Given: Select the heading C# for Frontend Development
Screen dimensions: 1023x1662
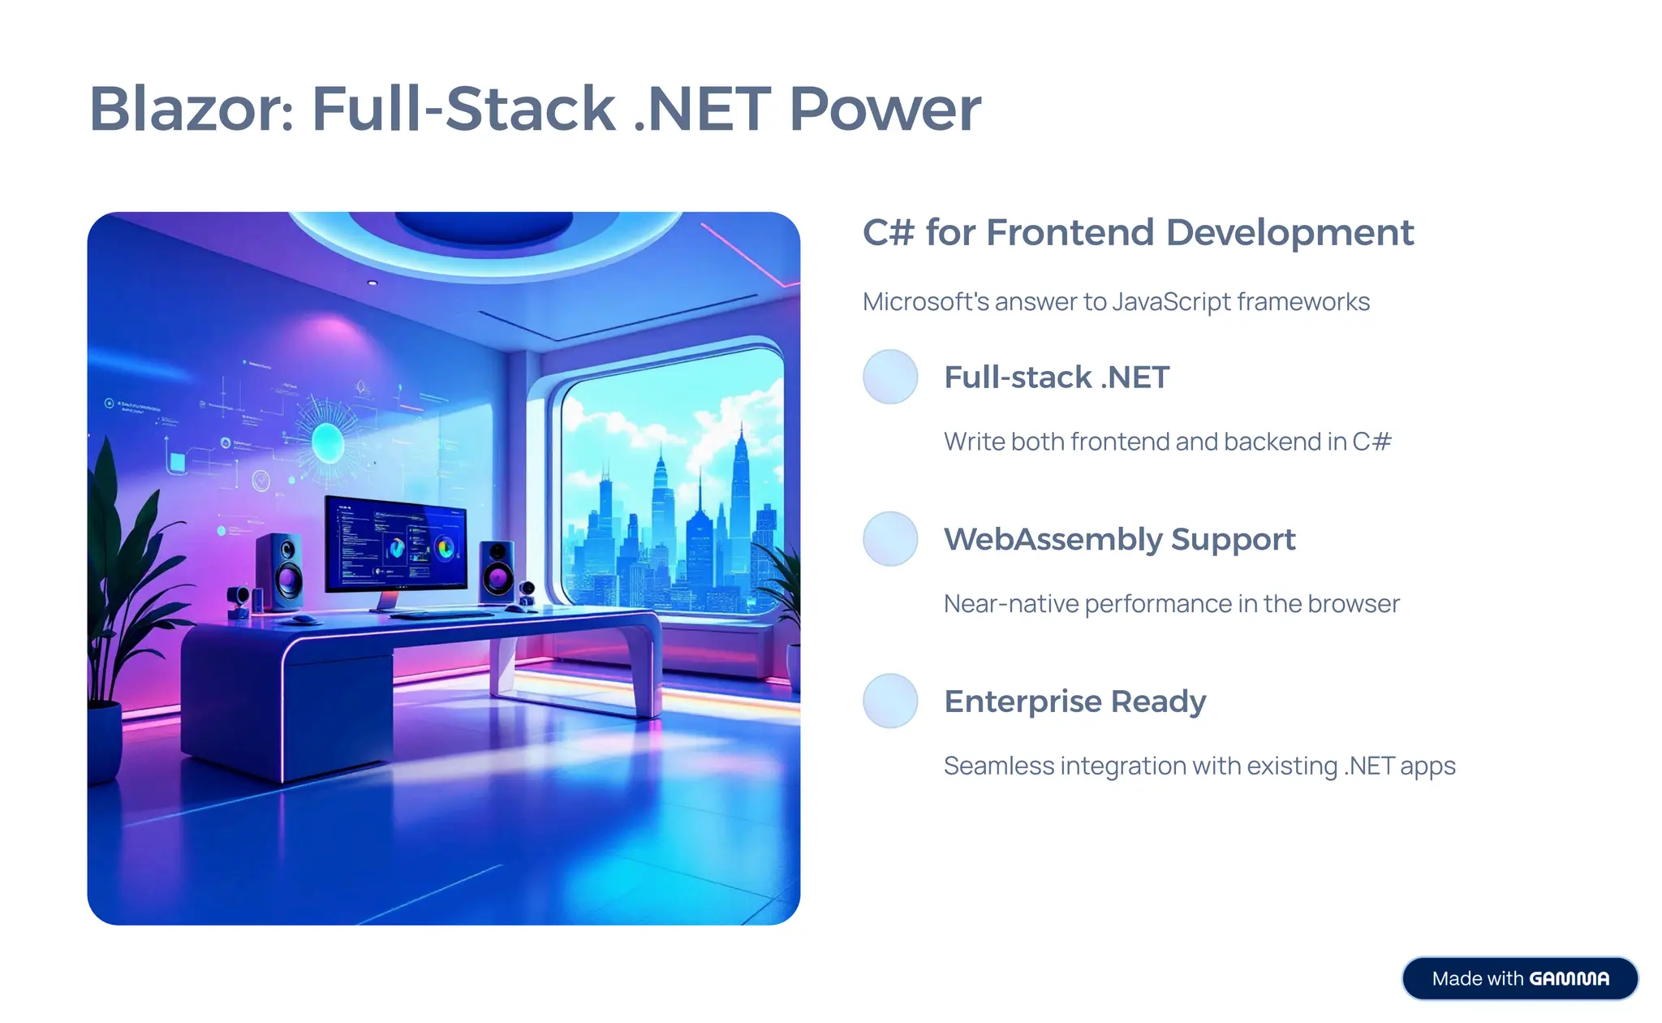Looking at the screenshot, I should coord(1138,233).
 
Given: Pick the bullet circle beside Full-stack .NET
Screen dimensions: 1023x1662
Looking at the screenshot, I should coord(890,377).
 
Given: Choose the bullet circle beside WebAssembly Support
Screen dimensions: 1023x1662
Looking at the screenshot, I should coord(890,539).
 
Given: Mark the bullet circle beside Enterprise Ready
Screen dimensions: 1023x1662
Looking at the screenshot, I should coord(890,701).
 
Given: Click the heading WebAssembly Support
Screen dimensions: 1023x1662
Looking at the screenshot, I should coord(1119,539).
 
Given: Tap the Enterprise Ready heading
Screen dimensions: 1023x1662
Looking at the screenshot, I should coord(1074,701).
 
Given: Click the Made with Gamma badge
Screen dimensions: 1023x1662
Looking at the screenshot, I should coord(1519,978).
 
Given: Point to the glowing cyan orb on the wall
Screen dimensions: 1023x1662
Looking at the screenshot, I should coord(328,442).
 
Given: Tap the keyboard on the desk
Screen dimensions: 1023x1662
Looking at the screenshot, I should coord(442,615).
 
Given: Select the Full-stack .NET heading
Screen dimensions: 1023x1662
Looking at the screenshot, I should coord(1057,378).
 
